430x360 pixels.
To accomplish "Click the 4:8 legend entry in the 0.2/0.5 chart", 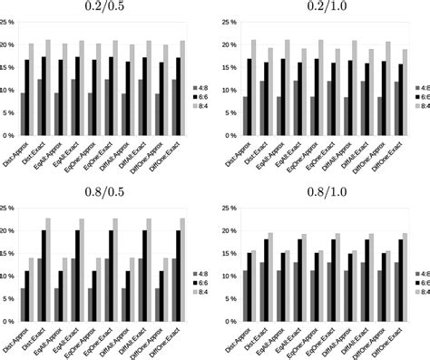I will pyautogui.click(x=200, y=87).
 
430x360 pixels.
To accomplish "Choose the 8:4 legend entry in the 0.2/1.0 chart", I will pyautogui.click(x=416, y=106).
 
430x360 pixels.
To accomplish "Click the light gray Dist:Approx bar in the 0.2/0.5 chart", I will pyautogui.click(x=34, y=90).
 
